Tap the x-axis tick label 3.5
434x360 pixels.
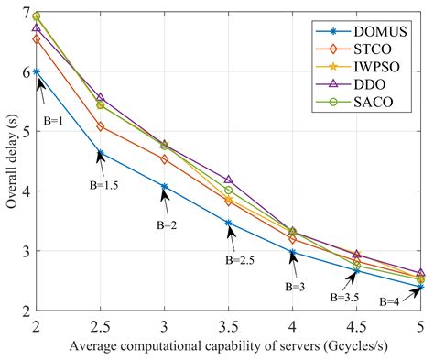click(x=229, y=324)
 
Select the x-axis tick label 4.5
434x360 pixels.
click(x=357, y=324)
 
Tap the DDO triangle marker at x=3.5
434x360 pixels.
click(x=229, y=180)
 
